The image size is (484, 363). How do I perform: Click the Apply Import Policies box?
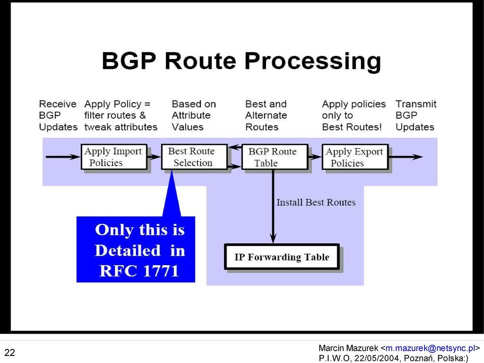pyautogui.click(x=114, y=157)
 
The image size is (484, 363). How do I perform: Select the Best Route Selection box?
pyautogui.click(x=194, y=157)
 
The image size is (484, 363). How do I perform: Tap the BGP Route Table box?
pyautogui.click(x=275, y=157)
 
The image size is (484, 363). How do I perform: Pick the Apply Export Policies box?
pyautogui.click(x=355, y=157)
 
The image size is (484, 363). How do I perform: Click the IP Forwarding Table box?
pyautogui.click(x=282, y=257)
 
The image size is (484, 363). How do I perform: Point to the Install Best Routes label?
pyautogui.click(x=316, y=202)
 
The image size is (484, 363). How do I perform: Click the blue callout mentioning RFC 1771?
pyautogui.click(x=136, y=249)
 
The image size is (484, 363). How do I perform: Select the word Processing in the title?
pyautogui.click(x=313, y=61)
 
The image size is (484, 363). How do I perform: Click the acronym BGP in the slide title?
pyautogui.click(x=129, y=61)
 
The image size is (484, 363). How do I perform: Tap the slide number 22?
pyautogui.click(x=10, y=352)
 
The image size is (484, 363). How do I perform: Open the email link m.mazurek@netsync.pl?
pyautogui.click(x=429, y=348)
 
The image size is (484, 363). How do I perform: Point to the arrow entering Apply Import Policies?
pyautogui.click(x=63, y=157)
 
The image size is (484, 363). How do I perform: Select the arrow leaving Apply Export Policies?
pyautogui.click(x=406, y=157)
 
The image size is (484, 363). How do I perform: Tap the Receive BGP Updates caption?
pyautogui.click(x=58, y=116)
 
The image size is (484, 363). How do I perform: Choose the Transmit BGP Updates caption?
pyautogui.click(x=416, y=116)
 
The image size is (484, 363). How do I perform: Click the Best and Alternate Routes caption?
pyautogui.click(x=266, y=116)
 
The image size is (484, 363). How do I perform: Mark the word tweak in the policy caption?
pyautogui.click(x=98, y=127)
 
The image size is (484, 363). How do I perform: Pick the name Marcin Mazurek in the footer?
pyautogui.click(x=348, y=348)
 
